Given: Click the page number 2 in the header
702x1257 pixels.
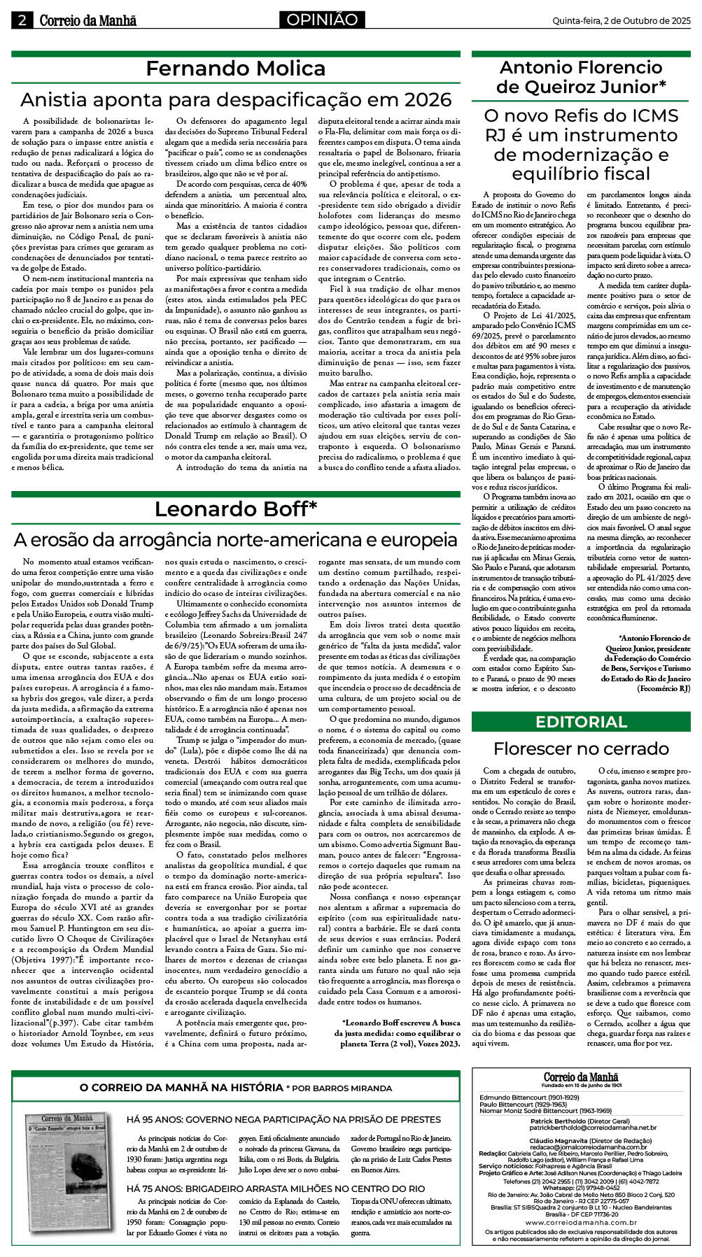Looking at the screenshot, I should tap(22, 20).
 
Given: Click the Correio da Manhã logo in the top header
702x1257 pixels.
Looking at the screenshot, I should tap(87, 20).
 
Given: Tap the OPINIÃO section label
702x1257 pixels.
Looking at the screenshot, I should tap(322, 20).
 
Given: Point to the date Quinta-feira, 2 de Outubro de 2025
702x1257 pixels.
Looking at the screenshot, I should tap(621, 21).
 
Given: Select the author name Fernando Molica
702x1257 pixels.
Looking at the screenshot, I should tap(235, 69).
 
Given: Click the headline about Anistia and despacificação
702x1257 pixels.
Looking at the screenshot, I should tap(236, 99).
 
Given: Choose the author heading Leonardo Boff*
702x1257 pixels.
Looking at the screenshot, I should tap(235, 509).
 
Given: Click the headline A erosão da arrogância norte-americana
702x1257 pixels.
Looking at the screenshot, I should tap(236, 539).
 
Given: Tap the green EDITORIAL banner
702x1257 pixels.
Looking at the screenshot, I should tap(581, 722).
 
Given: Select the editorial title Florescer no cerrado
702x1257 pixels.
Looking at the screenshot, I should tap(581, 748).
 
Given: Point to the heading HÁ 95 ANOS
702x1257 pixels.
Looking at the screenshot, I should tap(283, 1119).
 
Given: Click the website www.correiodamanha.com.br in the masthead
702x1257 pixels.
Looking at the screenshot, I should tap(581, 1222).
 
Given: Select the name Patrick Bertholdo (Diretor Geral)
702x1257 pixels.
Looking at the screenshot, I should tap(580, 1121).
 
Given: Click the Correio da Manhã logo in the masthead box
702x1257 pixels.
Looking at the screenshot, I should tap(581, 1077).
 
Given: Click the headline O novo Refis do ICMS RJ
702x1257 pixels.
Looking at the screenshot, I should tap(581, 144).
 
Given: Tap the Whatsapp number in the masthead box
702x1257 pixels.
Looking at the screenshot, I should tap(581, 1187).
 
